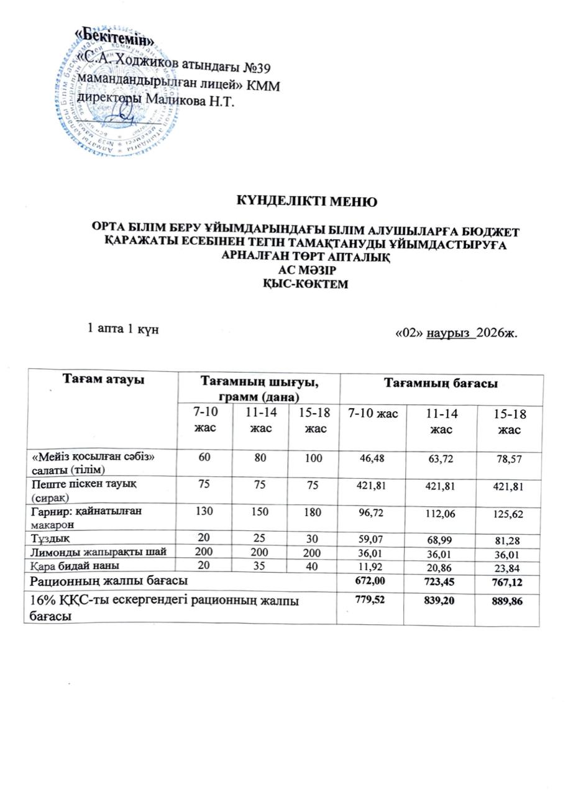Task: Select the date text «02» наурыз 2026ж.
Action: point(457,333)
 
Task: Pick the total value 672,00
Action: point(373,582)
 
